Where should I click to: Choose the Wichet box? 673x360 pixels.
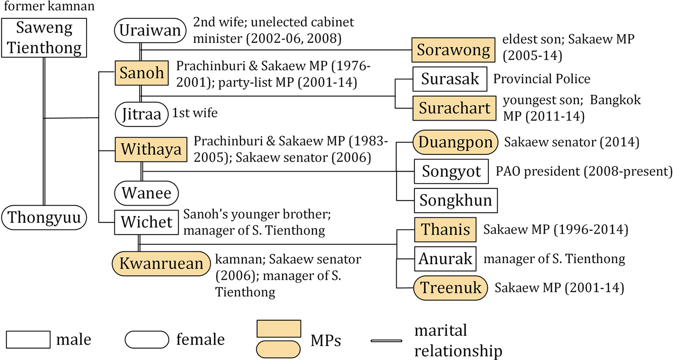pos(147,222)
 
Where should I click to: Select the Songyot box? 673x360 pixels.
pos(451,171)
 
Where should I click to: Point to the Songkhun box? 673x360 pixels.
pos(455,200)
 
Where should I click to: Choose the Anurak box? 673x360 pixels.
pos(445,259)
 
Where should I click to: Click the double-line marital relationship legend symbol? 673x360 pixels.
pos(386,340)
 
